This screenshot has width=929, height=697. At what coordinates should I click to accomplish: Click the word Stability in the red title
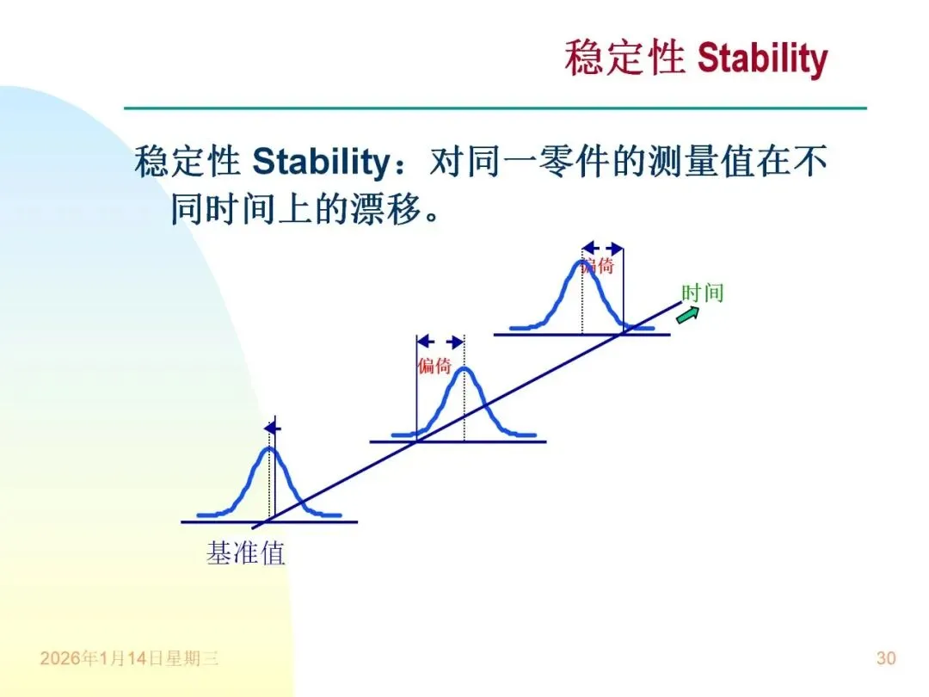coord(762,59)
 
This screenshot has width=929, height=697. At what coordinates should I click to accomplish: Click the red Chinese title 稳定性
coord(625,59)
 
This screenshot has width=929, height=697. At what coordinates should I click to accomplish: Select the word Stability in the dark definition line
coord(321,162)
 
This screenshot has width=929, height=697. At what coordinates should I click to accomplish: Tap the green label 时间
coord(703,293)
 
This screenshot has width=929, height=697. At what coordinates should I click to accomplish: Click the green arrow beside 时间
coord(687,315)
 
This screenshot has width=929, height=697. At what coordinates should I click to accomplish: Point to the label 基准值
coord(245,553)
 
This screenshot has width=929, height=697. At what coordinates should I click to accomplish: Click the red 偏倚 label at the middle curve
coord(434,366)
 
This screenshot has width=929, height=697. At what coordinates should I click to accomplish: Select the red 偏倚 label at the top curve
coord(597,266)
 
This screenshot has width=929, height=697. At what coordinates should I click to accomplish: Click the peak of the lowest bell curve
coord(269,448)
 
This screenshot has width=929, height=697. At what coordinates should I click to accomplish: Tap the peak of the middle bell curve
coord(464,369)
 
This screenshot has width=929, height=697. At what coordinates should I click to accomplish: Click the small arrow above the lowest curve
coord(273,428)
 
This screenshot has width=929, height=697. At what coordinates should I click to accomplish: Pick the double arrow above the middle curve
coord(440,342)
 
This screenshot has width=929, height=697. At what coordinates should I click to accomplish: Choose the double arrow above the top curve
coord(602,249)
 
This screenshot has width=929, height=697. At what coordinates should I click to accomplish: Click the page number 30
coord(886,658)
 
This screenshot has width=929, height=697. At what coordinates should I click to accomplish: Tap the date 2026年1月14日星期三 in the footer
coord(129,658)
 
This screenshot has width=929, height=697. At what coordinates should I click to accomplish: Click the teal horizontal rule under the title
coord(495,108)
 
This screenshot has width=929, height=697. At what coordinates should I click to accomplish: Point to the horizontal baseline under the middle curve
coord(458,441)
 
